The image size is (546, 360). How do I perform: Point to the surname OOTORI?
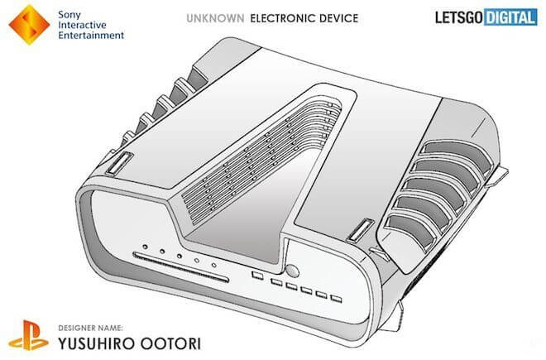coord(165,339)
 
